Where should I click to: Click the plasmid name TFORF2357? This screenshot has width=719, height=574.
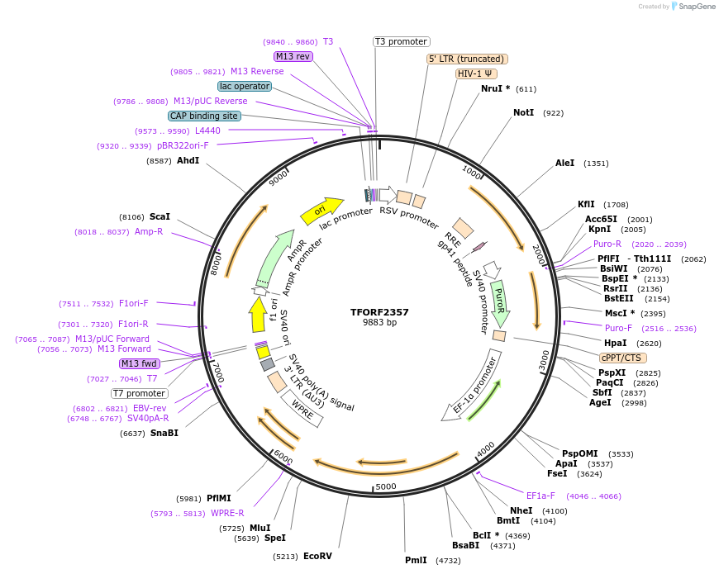click(x=379, y=312)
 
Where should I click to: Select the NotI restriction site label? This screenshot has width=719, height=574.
click(x=523, y=112)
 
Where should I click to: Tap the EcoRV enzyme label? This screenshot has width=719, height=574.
click(x=317, y=556)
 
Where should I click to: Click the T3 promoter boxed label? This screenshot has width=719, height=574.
click(x=402, y=41)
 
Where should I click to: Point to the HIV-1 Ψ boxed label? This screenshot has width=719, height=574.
click(x=476, y=74)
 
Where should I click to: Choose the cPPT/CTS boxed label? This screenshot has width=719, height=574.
click(x=623, y=358)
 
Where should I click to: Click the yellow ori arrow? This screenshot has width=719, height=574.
click(x=321, y=211)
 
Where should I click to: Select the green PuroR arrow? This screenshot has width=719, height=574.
click(x=499, y=303)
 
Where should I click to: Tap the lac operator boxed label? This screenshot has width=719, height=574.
click(x=245, y=86)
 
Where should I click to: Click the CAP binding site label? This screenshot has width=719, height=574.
click(x=204, y=116)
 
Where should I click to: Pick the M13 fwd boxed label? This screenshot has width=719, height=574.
click(x=139, y=363)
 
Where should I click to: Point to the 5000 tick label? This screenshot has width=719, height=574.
click(x=386, y=486)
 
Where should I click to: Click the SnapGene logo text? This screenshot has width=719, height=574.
click(x=694, y=7)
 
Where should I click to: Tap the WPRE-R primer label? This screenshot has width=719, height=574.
click(x=227, y=513)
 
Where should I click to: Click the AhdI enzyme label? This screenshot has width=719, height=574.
click(x=188, y=160)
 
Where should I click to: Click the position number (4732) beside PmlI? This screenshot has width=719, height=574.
click(x=449, y=560)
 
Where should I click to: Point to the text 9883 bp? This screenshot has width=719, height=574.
click(x=379, y=322)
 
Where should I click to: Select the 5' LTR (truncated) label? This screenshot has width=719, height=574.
click(x=467, y=59)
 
